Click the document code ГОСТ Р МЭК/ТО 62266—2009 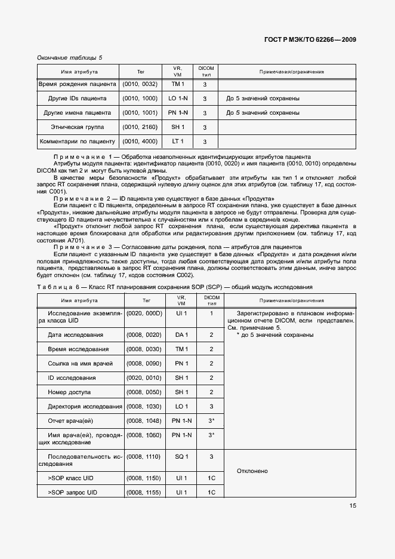310,39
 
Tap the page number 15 353,506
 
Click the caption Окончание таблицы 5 70,57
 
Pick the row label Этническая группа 78,127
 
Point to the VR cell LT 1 178,142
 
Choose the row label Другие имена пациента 78,113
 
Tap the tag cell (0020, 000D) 144,313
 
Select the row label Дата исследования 75,334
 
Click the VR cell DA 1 181,334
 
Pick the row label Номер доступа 69,392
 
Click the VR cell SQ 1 181,456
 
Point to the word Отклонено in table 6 252,471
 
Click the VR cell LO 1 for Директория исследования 181,406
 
